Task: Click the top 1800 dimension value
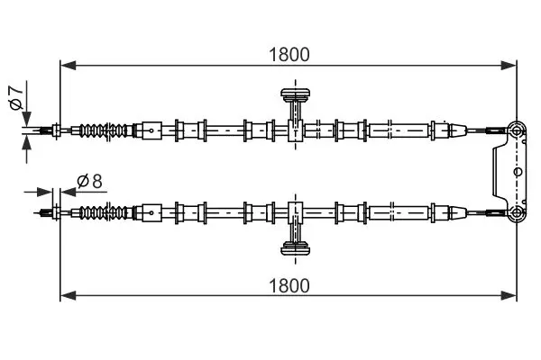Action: pos(289,54)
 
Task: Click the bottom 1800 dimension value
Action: pos(289,285)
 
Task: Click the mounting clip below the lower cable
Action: pos(295,249)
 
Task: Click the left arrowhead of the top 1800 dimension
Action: pos(66,65)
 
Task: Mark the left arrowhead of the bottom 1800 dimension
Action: pos(66,295)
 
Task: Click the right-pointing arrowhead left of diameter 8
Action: pos(47,192)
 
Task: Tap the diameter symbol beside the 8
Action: pos(82,181)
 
